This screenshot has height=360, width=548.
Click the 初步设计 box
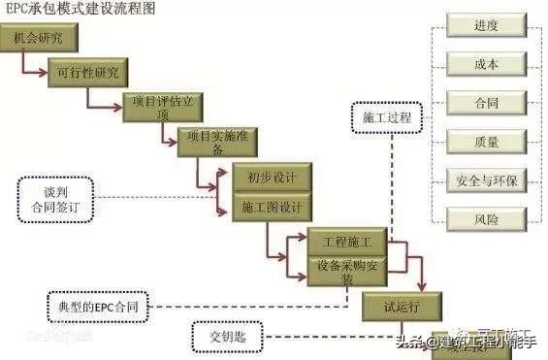pos(272,179)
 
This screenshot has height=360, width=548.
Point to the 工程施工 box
pos(346,239)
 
